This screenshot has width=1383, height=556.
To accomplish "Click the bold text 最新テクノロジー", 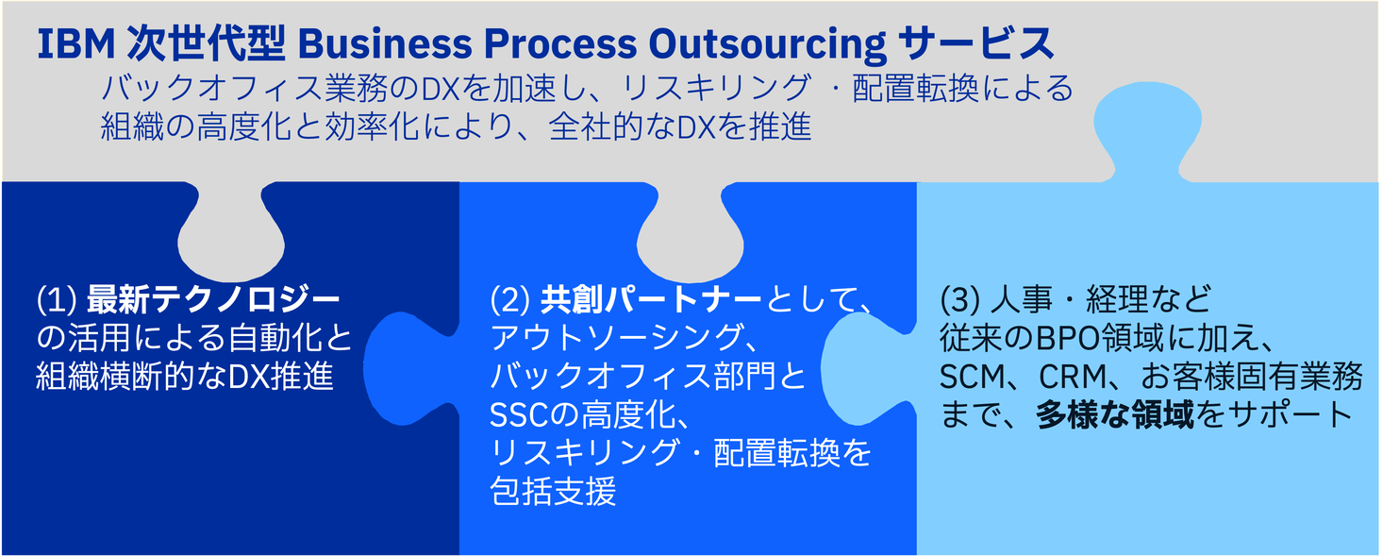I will (x=213, y=301).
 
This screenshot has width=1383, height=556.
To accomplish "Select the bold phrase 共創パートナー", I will (x=651, y=301).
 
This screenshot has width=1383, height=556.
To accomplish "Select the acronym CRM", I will (x=1072, y=378).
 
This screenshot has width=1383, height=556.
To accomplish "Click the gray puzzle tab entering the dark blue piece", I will (x=231, y=227).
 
